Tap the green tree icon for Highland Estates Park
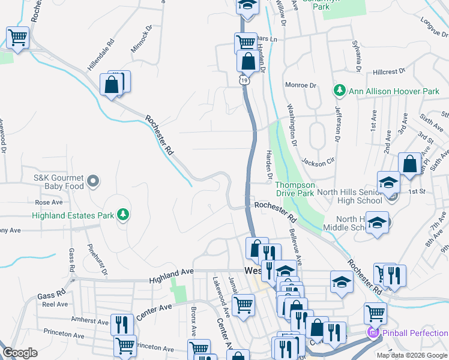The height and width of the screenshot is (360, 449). point(123,214)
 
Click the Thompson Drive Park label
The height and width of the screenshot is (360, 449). point(294,190)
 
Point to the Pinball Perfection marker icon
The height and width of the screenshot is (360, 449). point(373,332)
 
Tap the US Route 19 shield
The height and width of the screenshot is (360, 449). point(244,80)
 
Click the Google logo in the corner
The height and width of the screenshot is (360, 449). point(20,353)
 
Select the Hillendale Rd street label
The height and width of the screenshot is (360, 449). point(101,56)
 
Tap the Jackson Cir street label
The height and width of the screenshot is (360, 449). point(318,162)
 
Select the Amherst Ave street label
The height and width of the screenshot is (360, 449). point(87,320)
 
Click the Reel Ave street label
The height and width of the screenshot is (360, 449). point(55,305)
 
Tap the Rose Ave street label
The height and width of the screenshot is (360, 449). point(49,203)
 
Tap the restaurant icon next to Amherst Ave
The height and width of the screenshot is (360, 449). point(122,324)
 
